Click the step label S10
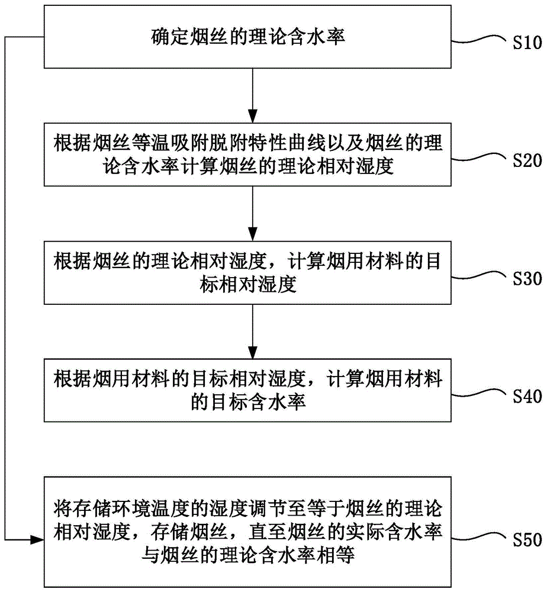tap(527, 42)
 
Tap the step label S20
tap(527, 160)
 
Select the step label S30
tap(527, 279)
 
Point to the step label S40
tap(527, 397)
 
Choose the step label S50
tap(527, 539)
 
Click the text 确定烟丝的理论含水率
tap(247, 37)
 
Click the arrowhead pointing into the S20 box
tap(253, 116)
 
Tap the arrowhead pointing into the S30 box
tap(253, 234)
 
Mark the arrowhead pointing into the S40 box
tap(253, 352)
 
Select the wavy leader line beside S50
tap(479, 537)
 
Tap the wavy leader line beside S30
tap(479, 276)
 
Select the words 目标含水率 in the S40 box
tap(258, 402)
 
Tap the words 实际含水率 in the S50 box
tap(394, 532)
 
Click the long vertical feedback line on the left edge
tap(5, 288)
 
